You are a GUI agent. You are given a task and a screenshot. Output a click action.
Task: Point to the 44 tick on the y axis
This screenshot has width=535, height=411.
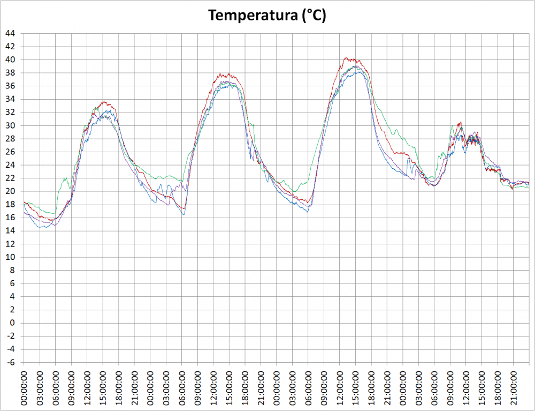pyautogui.click(x=10, y=33)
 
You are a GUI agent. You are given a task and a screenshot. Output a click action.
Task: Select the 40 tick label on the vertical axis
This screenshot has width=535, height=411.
pyautogui.click(x=10, y=59)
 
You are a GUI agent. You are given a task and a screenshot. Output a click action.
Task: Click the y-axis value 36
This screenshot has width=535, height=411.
pyautogui.click(x=10, y=86)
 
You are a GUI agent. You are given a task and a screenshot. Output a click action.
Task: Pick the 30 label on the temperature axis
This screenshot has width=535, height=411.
pyautogui.click(x=10, y=125)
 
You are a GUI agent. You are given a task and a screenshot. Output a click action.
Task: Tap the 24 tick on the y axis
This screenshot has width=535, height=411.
pyautogui.click(x=10, y=165)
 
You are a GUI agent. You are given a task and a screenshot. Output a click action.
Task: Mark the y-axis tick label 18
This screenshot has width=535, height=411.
pyautogui.click(x=10, y=204)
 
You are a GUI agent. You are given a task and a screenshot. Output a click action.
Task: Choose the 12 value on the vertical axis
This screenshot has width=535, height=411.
pyautogui.click(x=10, y=244)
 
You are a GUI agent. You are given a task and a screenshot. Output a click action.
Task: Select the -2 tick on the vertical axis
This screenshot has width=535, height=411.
pyautogui.click(x=11, y=336)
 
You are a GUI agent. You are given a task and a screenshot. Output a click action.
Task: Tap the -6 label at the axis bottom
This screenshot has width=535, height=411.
pyautogui.click(x=11, y=362)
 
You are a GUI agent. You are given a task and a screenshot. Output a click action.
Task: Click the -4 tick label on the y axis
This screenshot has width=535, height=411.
pyautogui.click(x=11, y=349)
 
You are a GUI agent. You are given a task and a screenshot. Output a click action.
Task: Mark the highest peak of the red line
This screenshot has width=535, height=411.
pyautogui.click(x=346, y=57)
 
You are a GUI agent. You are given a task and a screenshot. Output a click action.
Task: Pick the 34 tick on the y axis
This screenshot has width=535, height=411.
pyautogui.click(x=10, y=99)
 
